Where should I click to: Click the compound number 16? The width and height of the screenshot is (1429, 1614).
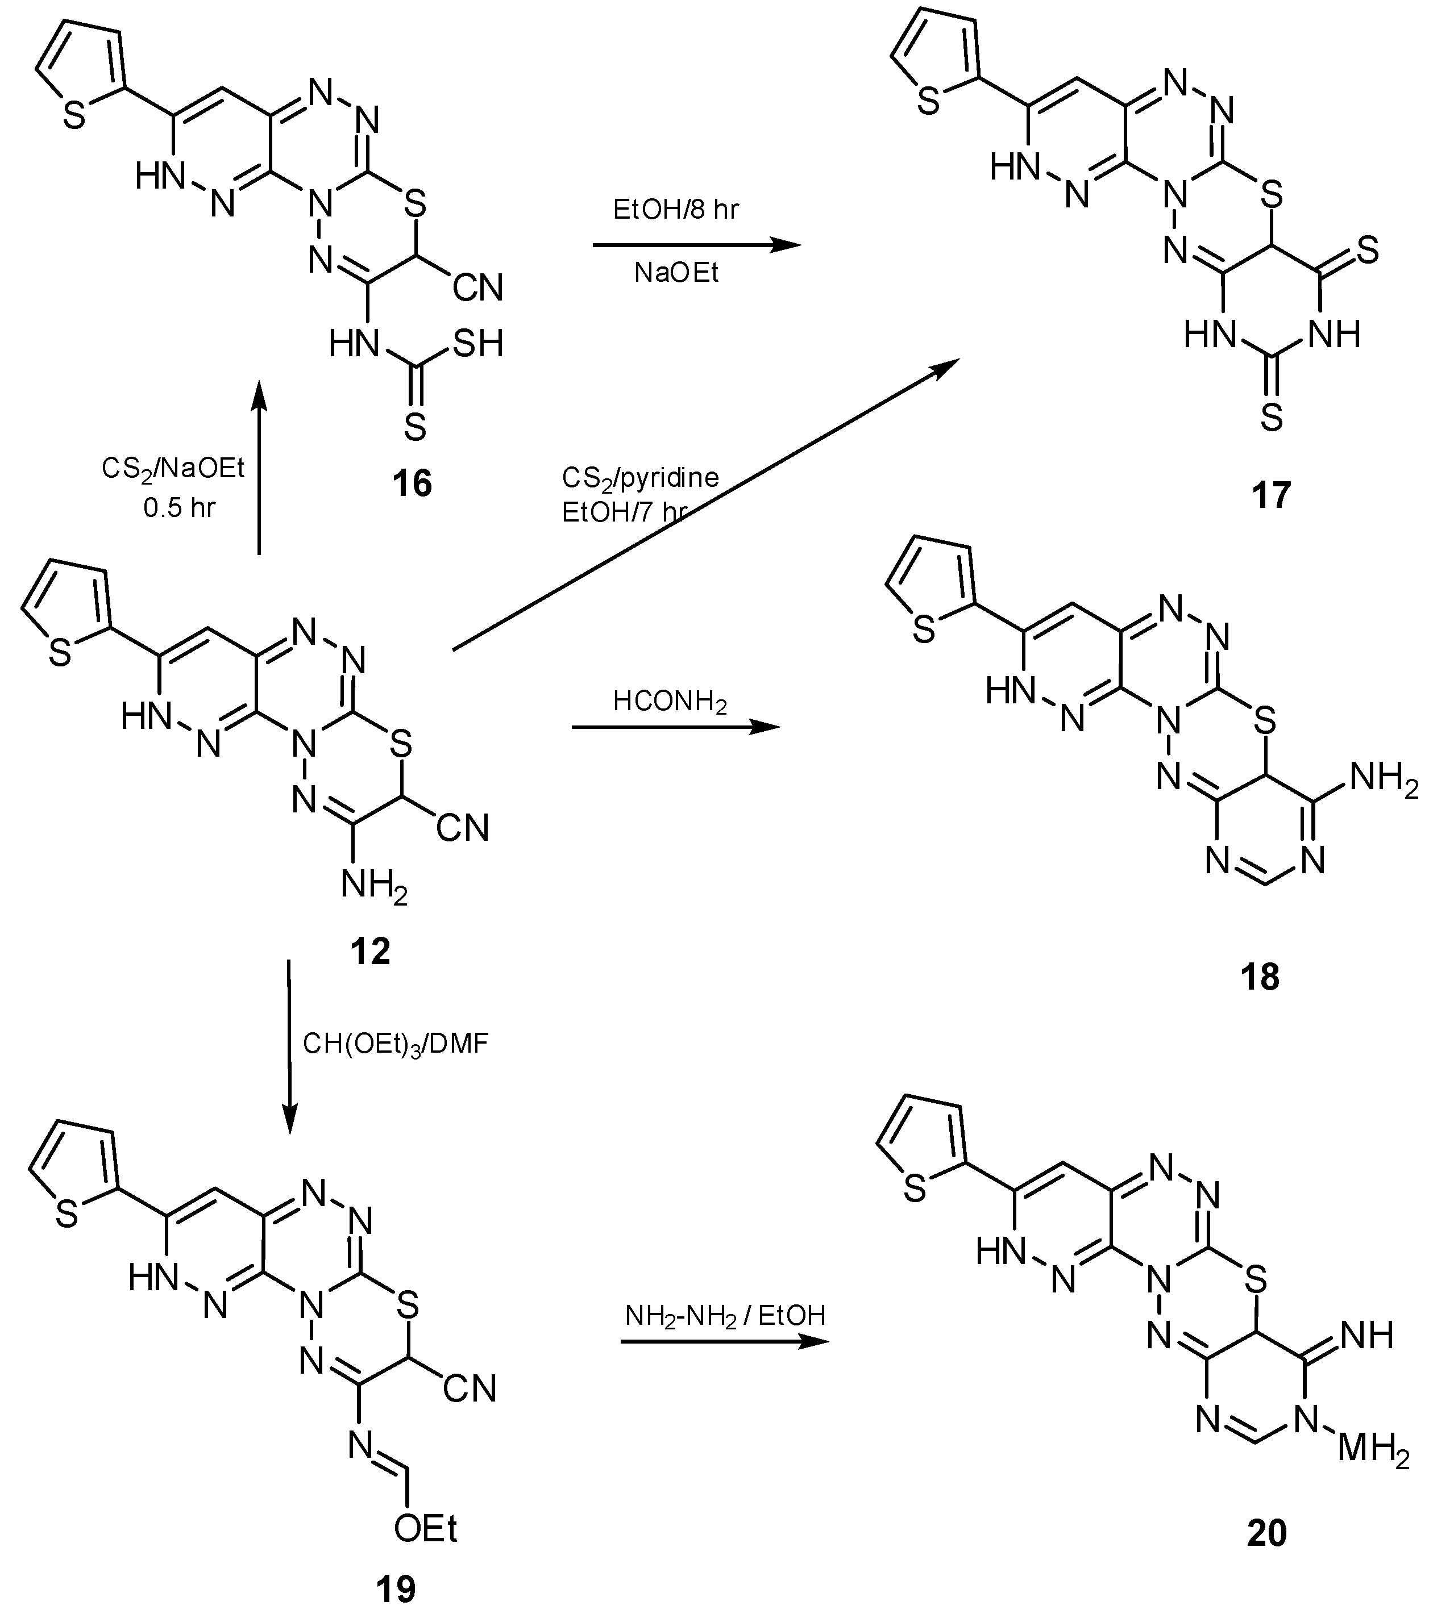click(x=412, y=482)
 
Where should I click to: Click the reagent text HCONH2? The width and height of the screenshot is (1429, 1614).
click(x=670, y=701)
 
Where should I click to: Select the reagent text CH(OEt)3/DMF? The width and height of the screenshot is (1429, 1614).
click(x=396, y=1044)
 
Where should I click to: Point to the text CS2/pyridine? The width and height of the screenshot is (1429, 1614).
click(x=640, y=478)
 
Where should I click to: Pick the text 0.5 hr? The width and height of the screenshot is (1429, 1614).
click(x=179, y=508)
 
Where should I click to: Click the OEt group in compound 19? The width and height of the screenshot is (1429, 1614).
click(x=426, y=1529)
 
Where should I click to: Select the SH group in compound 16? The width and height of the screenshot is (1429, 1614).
click(x=476, y=344)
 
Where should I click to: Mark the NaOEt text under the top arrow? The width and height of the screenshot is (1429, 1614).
click(x=676, y=273)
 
